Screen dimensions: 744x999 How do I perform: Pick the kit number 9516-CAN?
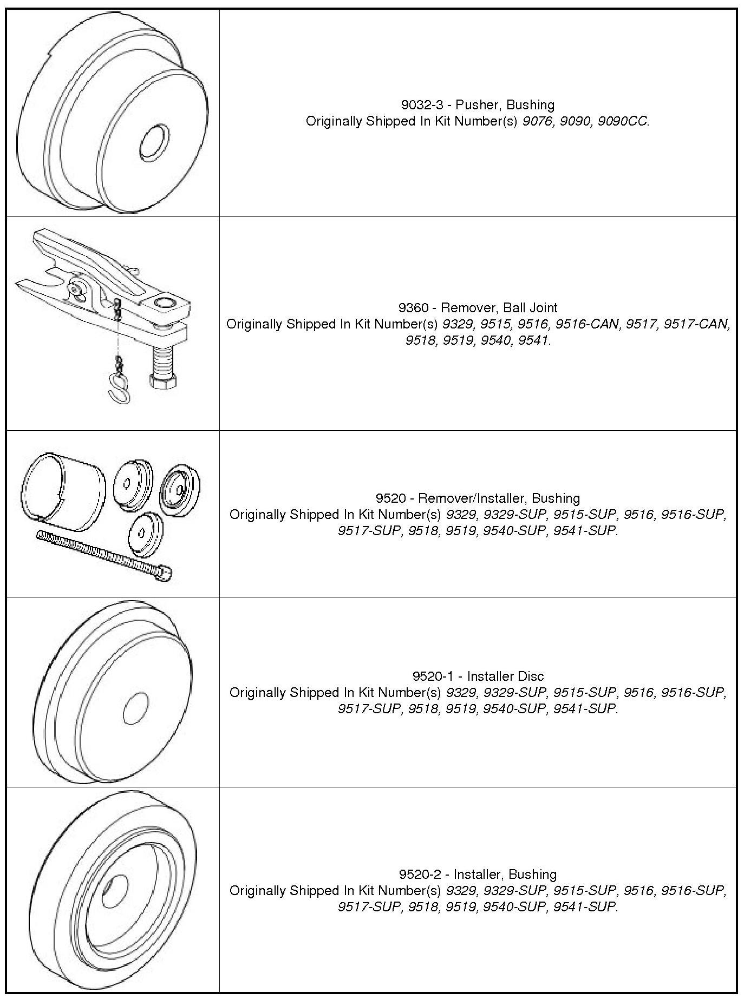[588, 324]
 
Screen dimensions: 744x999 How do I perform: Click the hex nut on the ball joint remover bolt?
[163, 383]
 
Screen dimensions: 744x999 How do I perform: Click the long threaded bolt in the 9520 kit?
[105, 555]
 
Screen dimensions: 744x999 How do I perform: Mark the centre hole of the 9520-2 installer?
[114, 891]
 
